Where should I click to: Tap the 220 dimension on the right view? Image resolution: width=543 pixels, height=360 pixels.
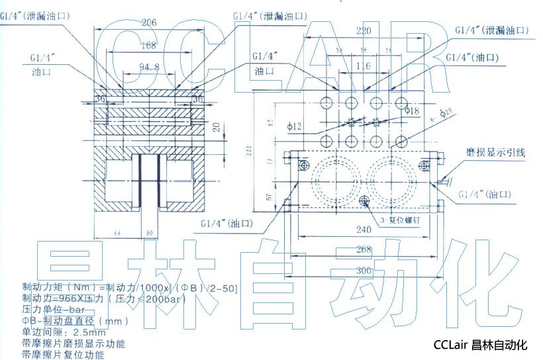[x=364, y=30]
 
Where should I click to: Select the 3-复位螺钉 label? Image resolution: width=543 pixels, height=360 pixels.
[x=393, y=218]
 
